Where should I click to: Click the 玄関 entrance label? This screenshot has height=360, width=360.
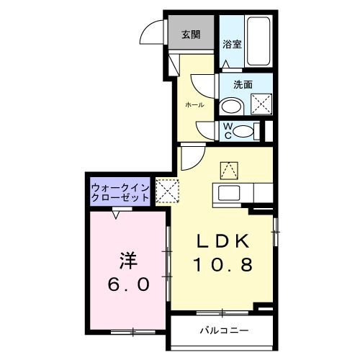190,34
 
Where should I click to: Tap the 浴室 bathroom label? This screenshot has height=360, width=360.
231,43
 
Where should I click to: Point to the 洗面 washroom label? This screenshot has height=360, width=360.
243,84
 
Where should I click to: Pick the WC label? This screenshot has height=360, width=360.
226,130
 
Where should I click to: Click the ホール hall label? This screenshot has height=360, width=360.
194,105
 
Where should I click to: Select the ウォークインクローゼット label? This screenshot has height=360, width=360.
120,193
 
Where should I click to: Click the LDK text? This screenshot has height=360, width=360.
222,242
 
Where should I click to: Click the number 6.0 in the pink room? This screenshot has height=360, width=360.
130,285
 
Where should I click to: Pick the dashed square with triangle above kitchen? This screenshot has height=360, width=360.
229,169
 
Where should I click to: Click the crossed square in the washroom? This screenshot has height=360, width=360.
260,104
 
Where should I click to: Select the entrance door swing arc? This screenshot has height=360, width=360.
151,32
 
